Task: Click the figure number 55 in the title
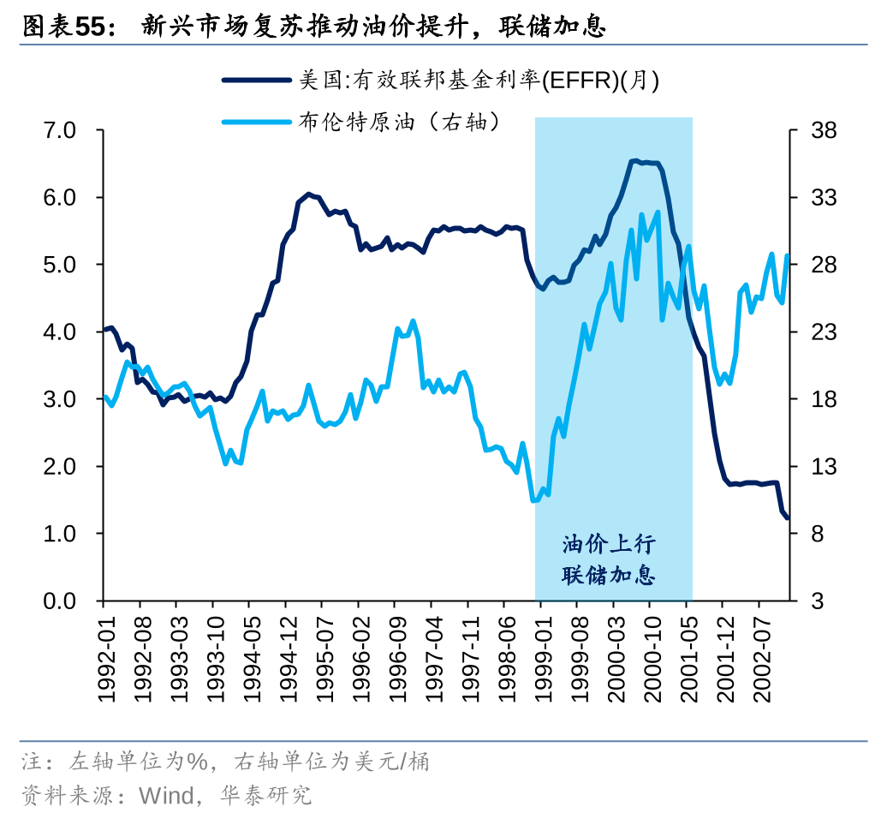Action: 90,27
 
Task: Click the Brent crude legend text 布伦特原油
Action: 356,122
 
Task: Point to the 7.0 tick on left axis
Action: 61,130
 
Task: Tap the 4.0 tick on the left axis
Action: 61,332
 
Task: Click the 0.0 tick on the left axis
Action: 61,601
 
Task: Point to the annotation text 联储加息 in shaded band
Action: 609,575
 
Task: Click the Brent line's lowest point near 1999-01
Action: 534,500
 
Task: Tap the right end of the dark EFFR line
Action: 787,517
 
